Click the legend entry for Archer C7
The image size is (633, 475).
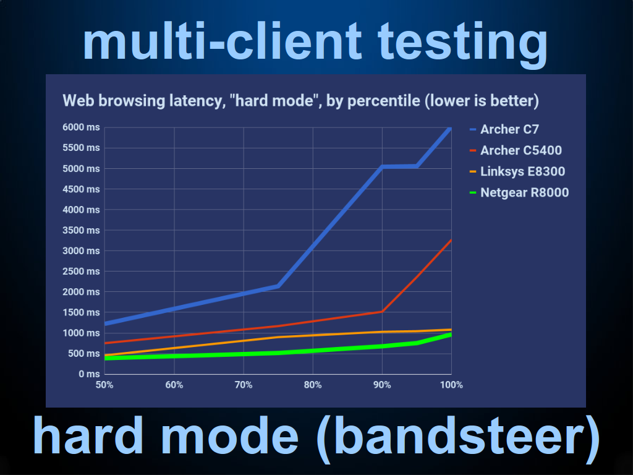504,129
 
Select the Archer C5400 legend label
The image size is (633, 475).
516,150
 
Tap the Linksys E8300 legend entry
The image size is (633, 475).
517,171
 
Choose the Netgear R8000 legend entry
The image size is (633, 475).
519,192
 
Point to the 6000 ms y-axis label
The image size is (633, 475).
81,127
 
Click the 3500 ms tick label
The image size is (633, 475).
81,230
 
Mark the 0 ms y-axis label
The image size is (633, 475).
89,374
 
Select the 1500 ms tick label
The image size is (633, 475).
81,312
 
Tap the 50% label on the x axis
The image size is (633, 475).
104,385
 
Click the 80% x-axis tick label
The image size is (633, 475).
313,385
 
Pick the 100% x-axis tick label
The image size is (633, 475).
451,385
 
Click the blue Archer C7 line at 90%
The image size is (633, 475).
382,166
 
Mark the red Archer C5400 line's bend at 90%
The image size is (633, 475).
382,312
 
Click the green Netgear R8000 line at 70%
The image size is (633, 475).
244,354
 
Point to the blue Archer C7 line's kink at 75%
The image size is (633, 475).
278,286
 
